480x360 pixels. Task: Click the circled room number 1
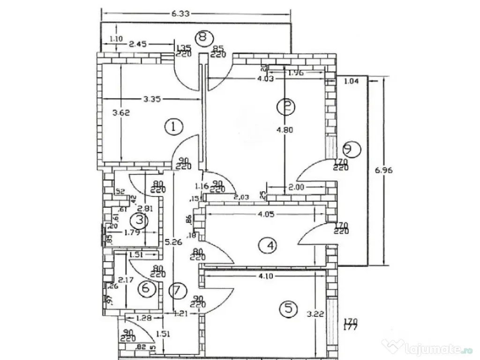(173, 126)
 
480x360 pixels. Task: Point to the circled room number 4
(269, 245)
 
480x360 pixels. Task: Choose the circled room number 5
(288, 308)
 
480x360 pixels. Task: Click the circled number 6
(146, 288)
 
